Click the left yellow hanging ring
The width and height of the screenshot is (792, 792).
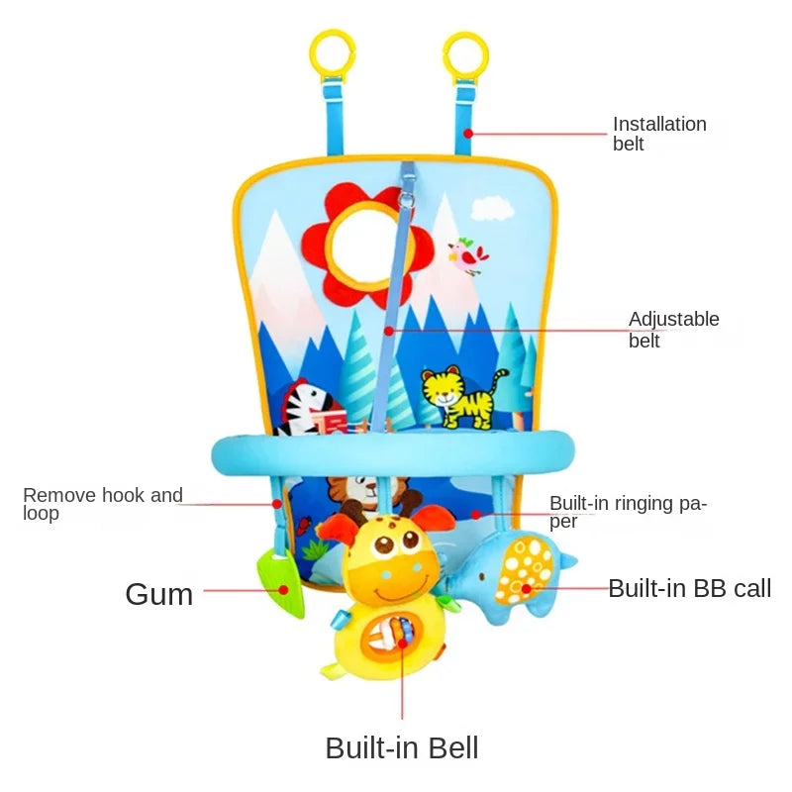pos(333,55)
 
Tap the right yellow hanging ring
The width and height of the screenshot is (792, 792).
pos(465,55)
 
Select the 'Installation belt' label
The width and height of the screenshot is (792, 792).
pos(659,134)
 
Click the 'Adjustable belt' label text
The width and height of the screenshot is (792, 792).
pos(673,330)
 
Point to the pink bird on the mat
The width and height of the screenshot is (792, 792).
pos(468,255)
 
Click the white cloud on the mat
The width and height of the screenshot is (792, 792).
pos(491,209)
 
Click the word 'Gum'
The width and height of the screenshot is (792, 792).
pos(159,594)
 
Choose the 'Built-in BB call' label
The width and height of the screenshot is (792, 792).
pos(689,588)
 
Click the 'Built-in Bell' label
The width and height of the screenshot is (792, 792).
pos(402,747)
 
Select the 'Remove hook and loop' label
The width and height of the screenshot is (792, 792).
pos(103,504)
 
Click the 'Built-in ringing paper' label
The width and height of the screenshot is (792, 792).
pos(628,512)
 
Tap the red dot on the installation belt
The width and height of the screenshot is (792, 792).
pos(468,134)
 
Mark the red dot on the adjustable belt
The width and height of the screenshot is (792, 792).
pos(388,331)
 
